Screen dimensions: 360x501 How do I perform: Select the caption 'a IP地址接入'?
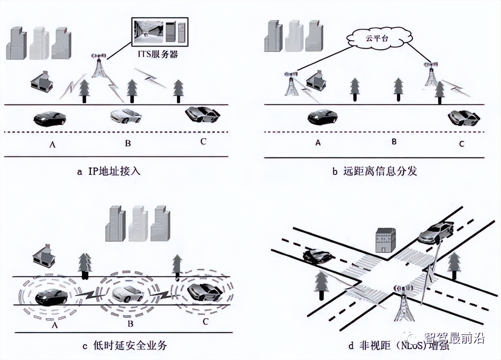click(x=109, y=171)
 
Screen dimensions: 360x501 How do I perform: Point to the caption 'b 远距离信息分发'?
click(x=374, y=171)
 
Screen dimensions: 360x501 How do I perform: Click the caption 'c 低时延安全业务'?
click(x=125, y=346)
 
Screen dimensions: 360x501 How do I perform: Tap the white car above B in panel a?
click(x=126, y=115)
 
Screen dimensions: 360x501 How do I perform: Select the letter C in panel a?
click(x=203, y=142)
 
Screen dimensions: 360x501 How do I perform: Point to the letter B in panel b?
click(x=394, y=142)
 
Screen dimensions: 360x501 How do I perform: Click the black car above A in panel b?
click(x=323, y=116)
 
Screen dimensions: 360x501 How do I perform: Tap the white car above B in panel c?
click(x=128, y=294)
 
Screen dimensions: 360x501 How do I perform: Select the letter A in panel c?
click(x=55, y=325)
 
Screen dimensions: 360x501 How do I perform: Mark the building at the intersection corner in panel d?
click(x=385, y=240)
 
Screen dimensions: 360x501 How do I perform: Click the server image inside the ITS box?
click(x=175, y=31)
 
